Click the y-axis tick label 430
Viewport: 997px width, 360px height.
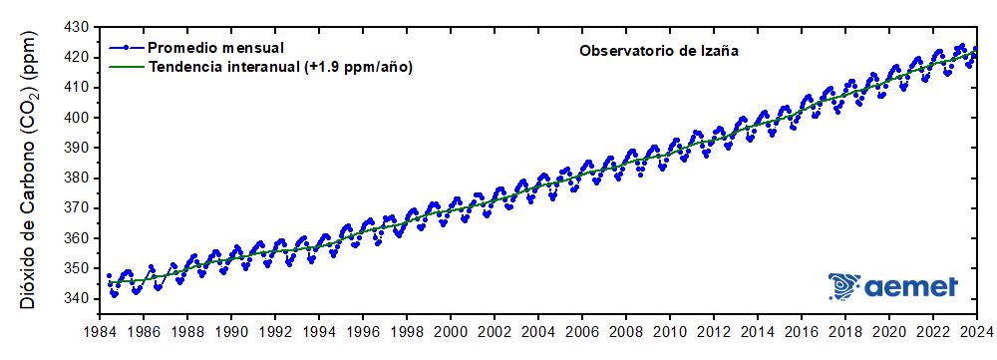[x=76, y=26]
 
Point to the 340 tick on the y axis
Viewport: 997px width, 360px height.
[x=76, y=298]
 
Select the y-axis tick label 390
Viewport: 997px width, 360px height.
[x=76, y=148]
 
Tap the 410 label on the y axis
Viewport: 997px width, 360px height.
[x=76, y=87]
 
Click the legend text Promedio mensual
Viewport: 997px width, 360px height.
[x=215, y=47]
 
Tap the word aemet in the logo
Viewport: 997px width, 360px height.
[x=912, y=287]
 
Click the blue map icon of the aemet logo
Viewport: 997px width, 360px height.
[x=845, y=287]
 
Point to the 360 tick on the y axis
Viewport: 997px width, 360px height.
[x=76, y=238]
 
